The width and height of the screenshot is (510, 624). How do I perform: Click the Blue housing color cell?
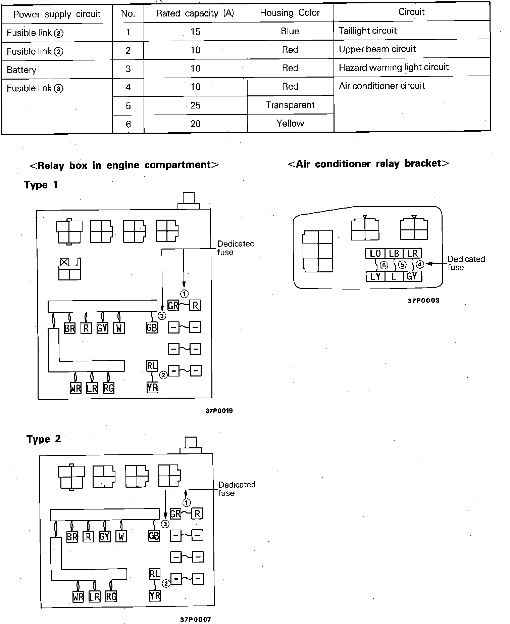pyautogui.click(x=290, y=31)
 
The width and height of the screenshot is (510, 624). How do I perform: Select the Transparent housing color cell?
pyautogui.click(x=290, y=105)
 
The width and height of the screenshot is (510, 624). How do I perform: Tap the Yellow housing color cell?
pyautogui.click(x=290, y=124)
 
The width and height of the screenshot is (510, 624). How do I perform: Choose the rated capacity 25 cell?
pyautogui.click(x=195, y=105)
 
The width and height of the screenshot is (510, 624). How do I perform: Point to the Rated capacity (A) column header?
pyautogui.click(x=195, y=13)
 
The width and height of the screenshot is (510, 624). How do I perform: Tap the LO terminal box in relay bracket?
pyautogui.click(x=375, y=254)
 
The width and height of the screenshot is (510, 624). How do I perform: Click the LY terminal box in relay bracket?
pyautogui.click(x=375, y=276)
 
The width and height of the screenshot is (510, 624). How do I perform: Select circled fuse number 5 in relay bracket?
pyautogui.click(x=402, y=265)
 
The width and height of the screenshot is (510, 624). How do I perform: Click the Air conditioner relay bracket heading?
pyautogui.click(x=368, y=164)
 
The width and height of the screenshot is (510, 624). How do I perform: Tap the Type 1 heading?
pyautogui.click(x=41, y=185)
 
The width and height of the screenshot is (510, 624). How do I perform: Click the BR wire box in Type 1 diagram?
pyautogui.click(x=69, y=328)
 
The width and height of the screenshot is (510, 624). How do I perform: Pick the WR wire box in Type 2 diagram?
pyautogui.click(x=78, y=597)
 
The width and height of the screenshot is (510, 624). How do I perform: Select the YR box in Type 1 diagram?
pyautogui.click(x=152, y=388)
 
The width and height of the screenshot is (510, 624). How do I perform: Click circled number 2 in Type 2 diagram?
pyautogui.click(x=166, y=583)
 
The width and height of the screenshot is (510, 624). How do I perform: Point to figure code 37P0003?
pyautogui.click(x=423, y=301)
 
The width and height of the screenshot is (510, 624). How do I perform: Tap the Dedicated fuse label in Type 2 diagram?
pyautogui.click(x=237, y=489)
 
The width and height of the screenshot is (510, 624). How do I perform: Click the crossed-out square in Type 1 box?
pyautogui.click(x=64, y=262)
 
